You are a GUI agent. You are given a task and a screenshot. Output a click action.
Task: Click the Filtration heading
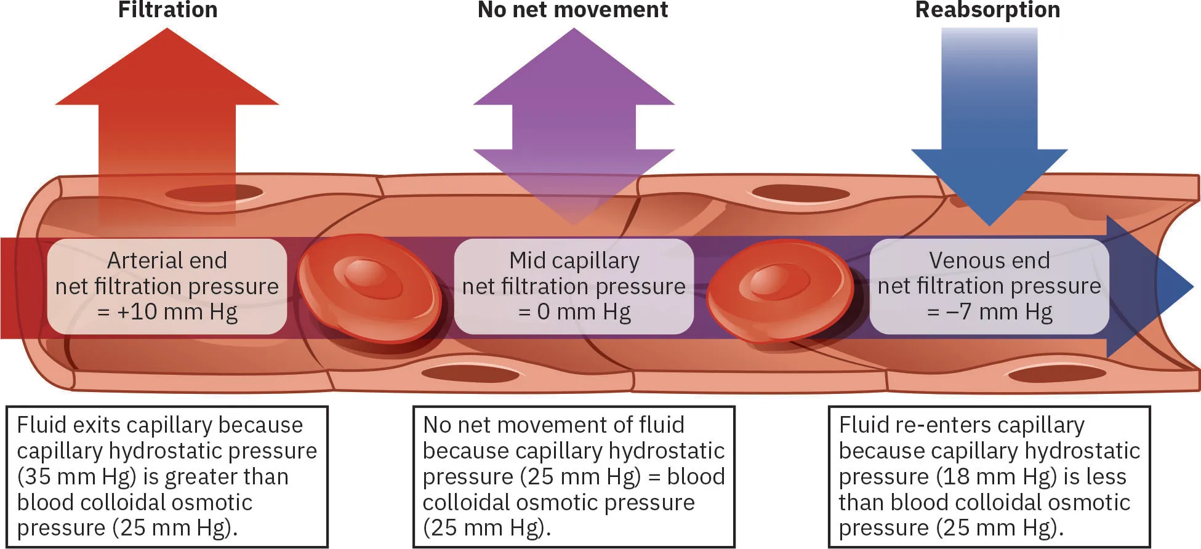click(x=167, y=10)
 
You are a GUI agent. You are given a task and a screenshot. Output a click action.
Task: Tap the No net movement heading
click(x=572, y=10)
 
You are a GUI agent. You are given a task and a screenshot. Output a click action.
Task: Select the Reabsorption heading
click(x=987, y=10)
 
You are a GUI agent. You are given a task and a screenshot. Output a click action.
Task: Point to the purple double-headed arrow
click(x=574, y=123)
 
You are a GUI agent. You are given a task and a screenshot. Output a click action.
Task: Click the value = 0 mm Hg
click(x=574, y=312)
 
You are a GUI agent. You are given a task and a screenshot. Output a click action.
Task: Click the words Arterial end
click(x=167, y=260)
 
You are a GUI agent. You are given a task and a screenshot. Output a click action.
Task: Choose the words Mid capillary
click(x=574, y=260)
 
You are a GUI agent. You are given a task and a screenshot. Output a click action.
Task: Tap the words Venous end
click(x=989, y=260)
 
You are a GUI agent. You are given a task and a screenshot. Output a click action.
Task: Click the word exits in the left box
click(x=97, y=425)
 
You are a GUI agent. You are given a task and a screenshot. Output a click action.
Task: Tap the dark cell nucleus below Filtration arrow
click(x=214, y=193)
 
